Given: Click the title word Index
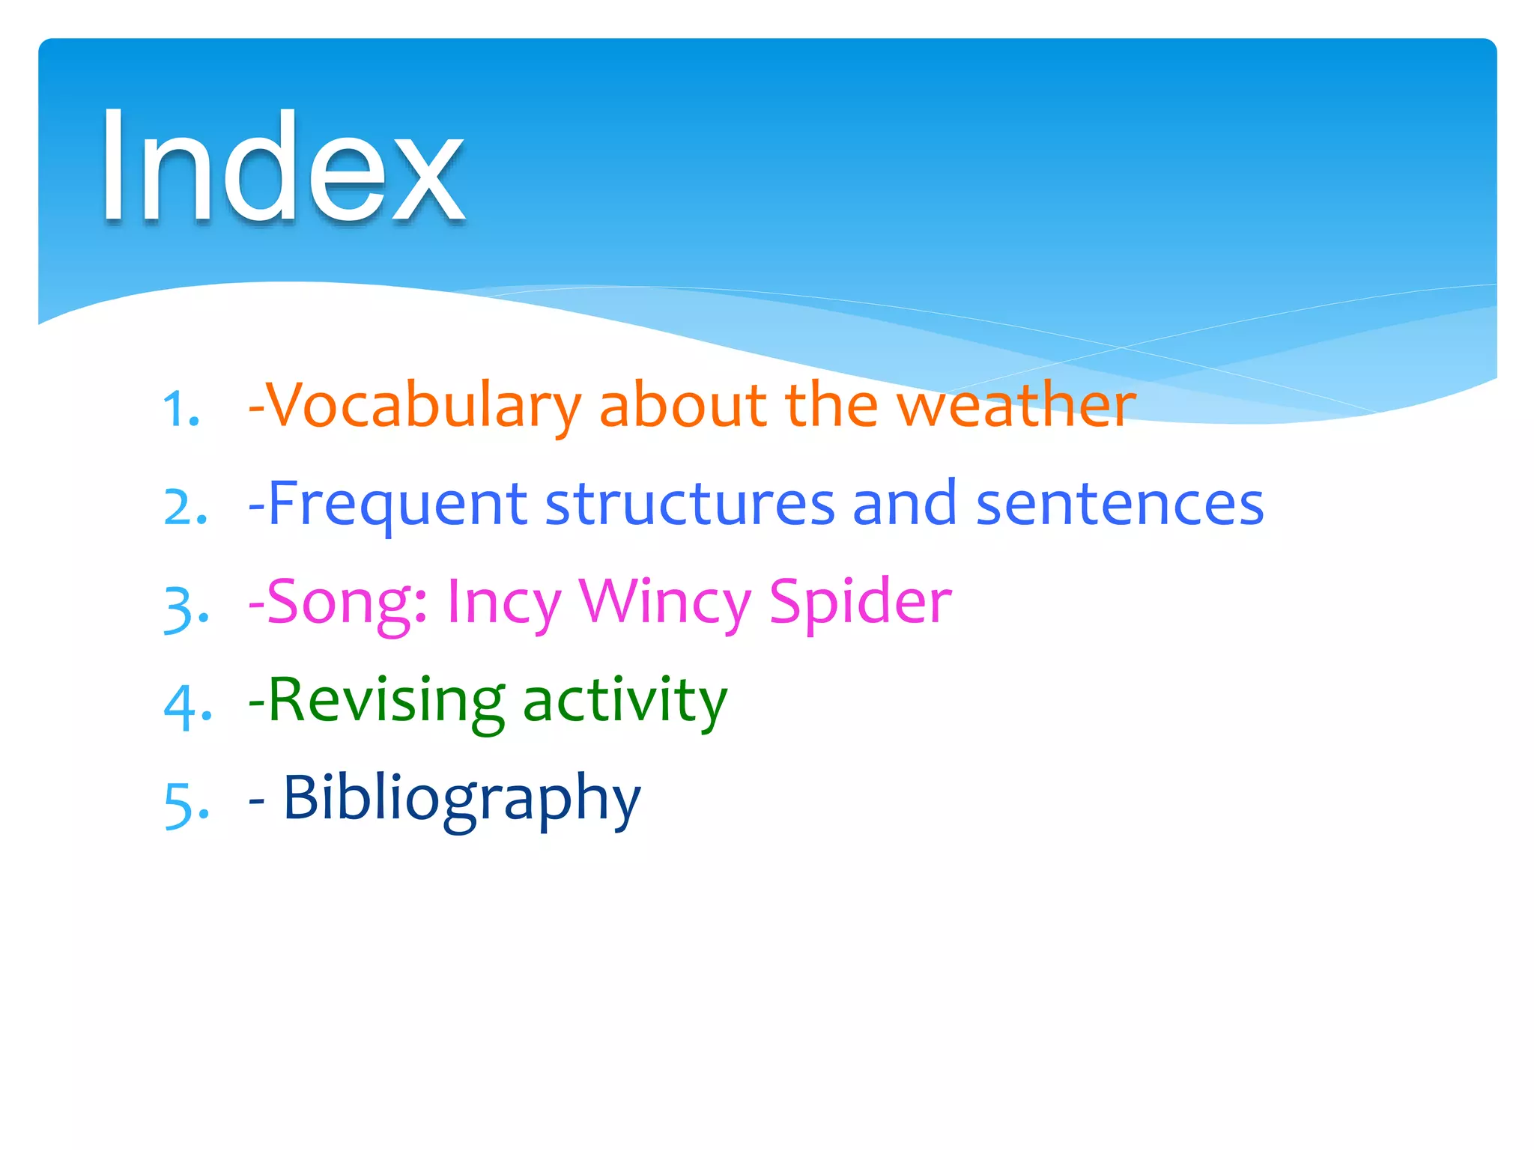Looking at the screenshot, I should coord(282,166).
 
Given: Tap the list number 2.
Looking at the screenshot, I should coord(184,508).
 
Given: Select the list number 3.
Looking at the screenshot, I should coord(185,608).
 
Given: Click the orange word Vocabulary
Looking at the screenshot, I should coord(424,406).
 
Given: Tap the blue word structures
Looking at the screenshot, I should coord(689,503).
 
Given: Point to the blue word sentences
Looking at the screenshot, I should coord(1120,503).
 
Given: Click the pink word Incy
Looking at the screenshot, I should coord(503,602).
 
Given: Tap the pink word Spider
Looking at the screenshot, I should coord(860,602).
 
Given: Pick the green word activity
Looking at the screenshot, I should coord(625,700).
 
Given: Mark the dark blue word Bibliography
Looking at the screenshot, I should coord(461,799).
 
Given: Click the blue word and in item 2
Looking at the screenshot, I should coord(904,503).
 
